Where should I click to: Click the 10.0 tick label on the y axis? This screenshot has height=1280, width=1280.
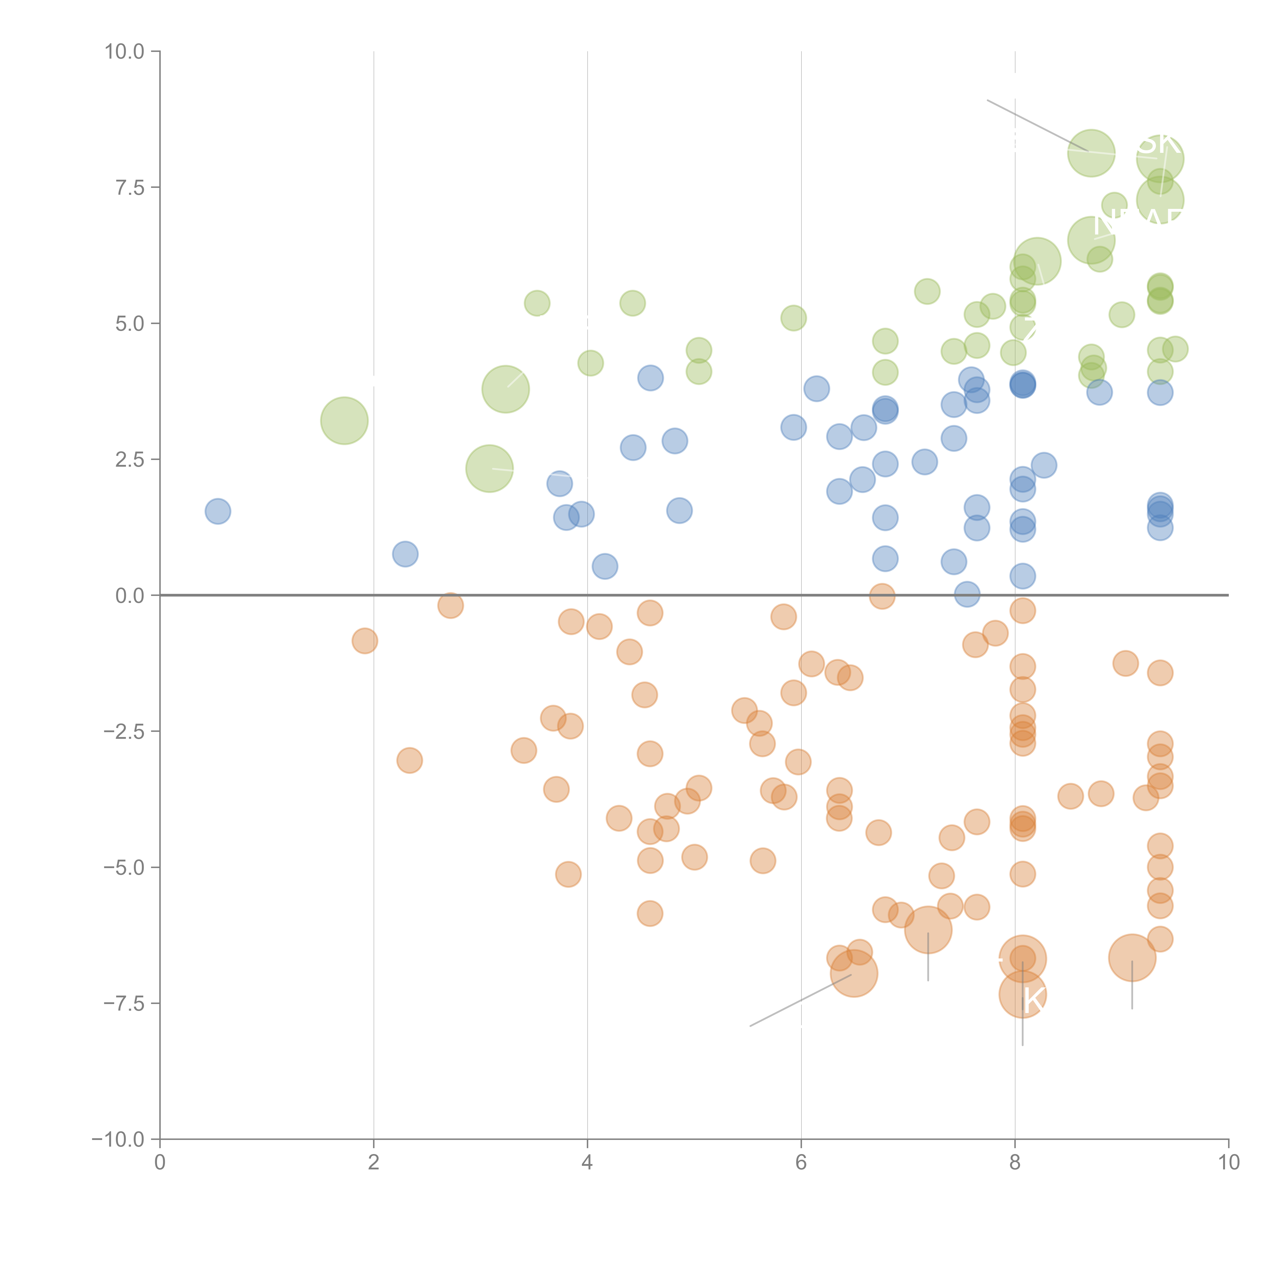tap(125, 52)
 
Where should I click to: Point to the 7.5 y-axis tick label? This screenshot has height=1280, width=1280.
tap(130, 187)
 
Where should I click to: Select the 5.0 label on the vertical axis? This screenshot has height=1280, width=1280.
tap(130, 323)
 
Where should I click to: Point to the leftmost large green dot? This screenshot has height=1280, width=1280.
tap(344, 421)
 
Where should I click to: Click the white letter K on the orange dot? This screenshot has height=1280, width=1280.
tap(1033, 1000)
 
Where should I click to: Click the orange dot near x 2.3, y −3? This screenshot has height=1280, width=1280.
tap(409, 760)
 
